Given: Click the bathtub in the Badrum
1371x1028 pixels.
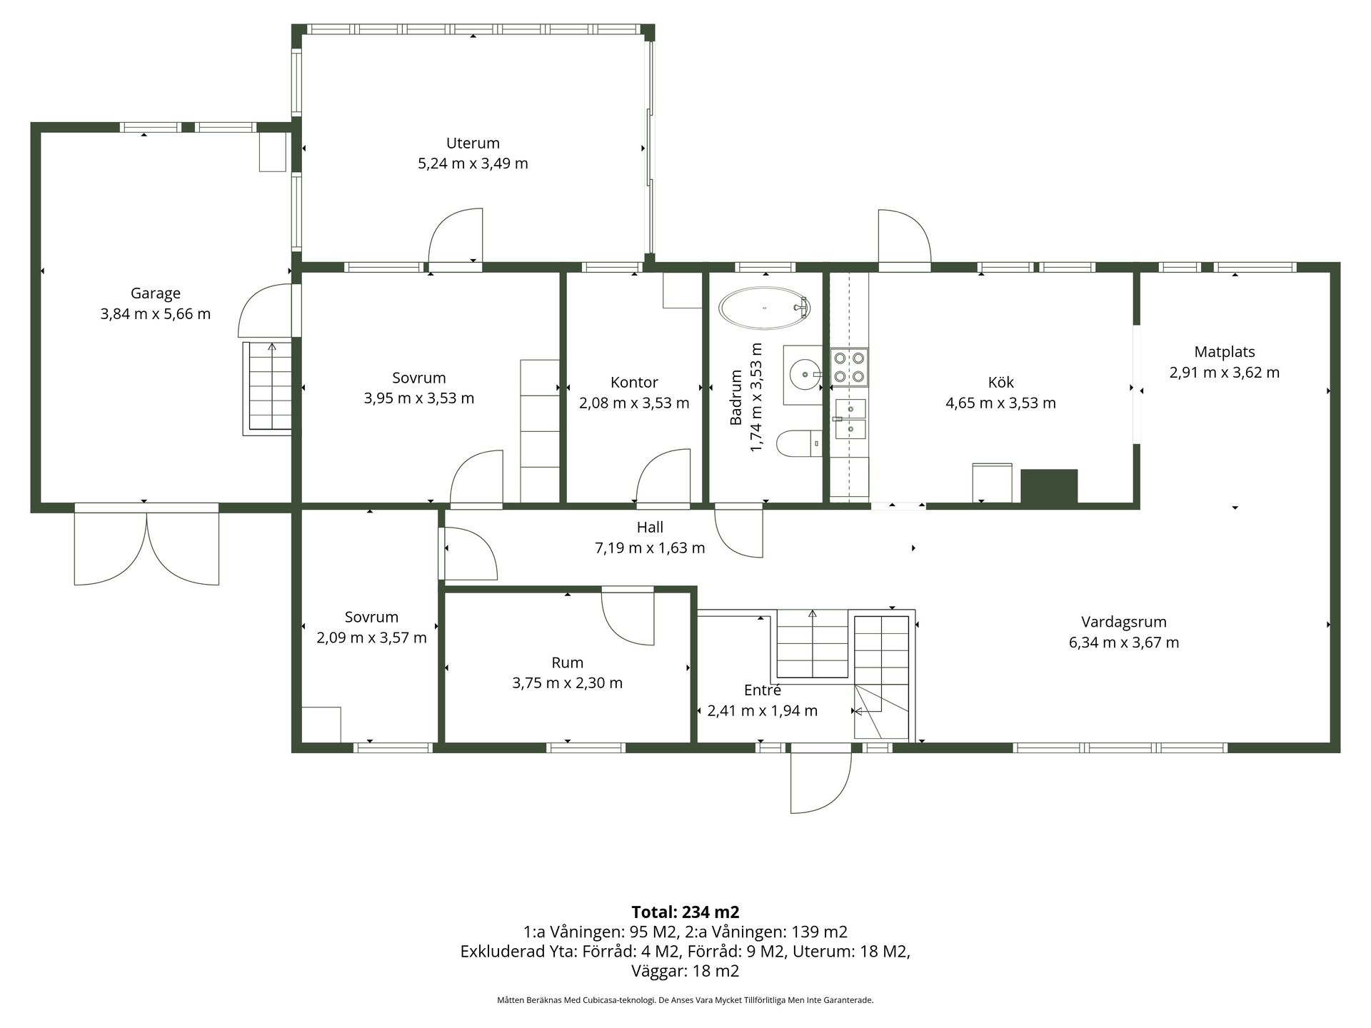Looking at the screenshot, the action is [x=764, y=308].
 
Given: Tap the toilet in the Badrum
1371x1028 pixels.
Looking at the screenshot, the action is [x=799, y=443].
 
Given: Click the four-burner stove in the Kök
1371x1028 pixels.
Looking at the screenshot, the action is [x=850, y=367].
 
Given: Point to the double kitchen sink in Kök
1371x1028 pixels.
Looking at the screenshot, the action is [x=850, y=419].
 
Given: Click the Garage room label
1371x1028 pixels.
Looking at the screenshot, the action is [x=156, y=293].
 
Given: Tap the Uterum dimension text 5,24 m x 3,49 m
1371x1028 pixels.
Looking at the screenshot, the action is [x=473, y=163].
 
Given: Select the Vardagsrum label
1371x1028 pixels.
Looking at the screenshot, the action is [x=1124, y=622].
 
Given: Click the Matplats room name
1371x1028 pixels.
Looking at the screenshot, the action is [x=1225, y=352].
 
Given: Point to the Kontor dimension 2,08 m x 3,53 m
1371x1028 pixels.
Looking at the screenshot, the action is [x=634, y=403].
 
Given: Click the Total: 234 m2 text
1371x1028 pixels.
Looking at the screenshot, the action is [x=685, y=912].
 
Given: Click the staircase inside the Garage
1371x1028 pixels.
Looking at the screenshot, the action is [x=268, y=388].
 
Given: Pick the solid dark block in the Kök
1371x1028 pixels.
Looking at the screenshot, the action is [x=1049, y=487].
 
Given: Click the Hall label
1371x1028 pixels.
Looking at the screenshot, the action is [x=650, y=528].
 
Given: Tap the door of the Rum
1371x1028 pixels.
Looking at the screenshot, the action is [x=628, y=618].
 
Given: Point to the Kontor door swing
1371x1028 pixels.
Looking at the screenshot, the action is [x=663, y=477].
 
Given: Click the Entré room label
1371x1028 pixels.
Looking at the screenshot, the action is [x=763, y=690].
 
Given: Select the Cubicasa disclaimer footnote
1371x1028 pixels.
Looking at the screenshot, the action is [x=685, y=1000].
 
